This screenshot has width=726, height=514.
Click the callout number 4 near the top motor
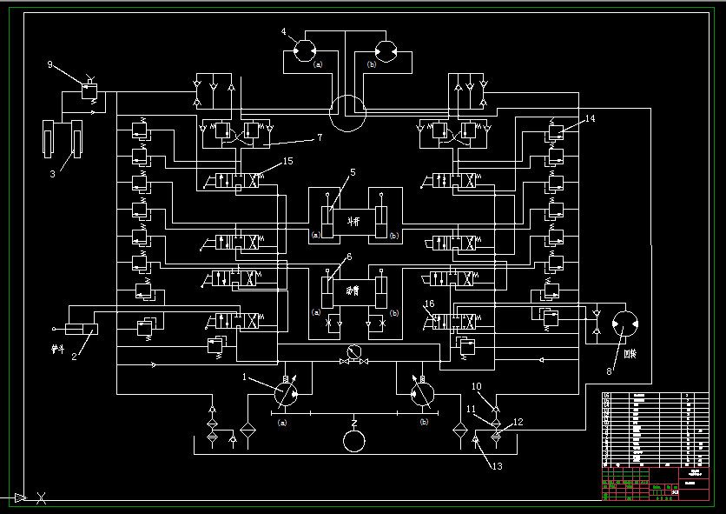pos(284,32)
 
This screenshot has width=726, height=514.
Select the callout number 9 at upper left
pos(50,64)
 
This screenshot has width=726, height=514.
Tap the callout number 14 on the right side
pos(591,118)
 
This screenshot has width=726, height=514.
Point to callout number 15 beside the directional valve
pos(288,161)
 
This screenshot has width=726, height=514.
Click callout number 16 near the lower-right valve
pos(429,304)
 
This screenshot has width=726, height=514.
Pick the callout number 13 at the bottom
pos(497,466)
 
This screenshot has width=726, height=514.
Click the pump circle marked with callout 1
pos(286,392)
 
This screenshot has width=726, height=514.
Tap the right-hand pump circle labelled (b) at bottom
pos(422,392)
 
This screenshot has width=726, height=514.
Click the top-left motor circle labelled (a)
pos(306,51)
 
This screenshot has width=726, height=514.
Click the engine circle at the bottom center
pos(354,440)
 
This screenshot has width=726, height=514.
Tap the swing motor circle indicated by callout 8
pos(625,325)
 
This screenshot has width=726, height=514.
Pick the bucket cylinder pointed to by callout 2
pos(82,329)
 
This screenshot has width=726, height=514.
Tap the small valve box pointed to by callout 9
pos(89,89)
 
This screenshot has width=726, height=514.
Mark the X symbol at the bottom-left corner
pos(41,498)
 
